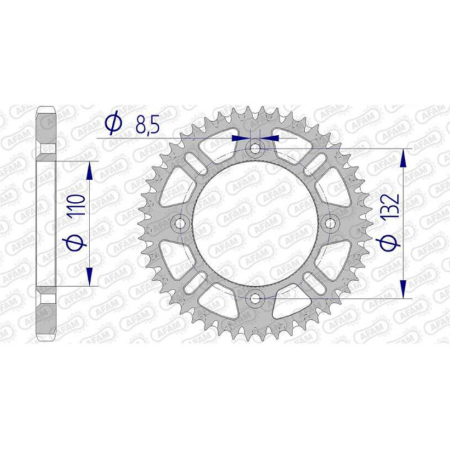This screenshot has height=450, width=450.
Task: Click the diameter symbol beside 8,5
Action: point(113,124)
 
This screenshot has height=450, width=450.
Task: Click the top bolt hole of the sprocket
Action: point(255,148)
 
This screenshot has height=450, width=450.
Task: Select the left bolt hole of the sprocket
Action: point(181,223)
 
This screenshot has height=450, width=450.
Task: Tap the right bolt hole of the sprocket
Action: point(329,223)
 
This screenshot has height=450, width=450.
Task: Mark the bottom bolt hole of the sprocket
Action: point(255,297)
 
